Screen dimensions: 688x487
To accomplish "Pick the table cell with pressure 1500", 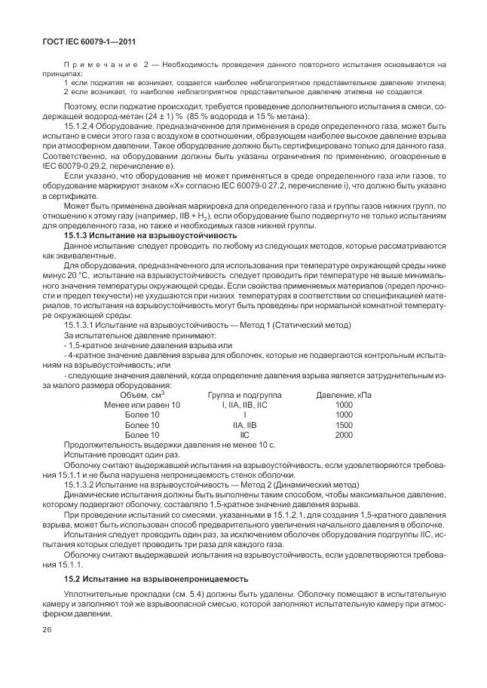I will [344, 425].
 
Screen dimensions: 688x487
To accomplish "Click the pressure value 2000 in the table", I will [344, 435].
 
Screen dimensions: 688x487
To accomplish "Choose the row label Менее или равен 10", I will [142, 405].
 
